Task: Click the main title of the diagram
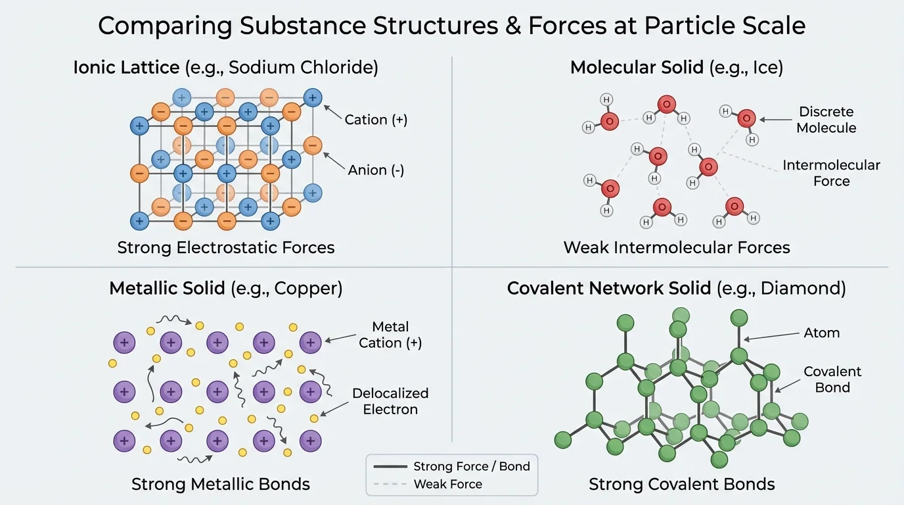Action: [451, 26]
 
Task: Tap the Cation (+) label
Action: [376, 120]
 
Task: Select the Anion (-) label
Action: [376, 170]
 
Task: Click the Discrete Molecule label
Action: [826, 120]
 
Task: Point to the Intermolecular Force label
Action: [831, 173]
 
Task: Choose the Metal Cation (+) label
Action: [390, 335]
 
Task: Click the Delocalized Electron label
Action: [390, 401]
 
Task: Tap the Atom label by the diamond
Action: [821, 333]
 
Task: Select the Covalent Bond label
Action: [832, 379]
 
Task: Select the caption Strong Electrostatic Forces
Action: [226, 248]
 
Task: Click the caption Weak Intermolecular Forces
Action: [677, 248]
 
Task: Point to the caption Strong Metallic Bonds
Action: [221, 485]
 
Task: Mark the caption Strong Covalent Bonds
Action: [682, 485]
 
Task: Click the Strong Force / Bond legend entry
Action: [471, 467]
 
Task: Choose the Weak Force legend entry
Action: [447, 485]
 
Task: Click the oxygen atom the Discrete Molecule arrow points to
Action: [746, 118]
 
